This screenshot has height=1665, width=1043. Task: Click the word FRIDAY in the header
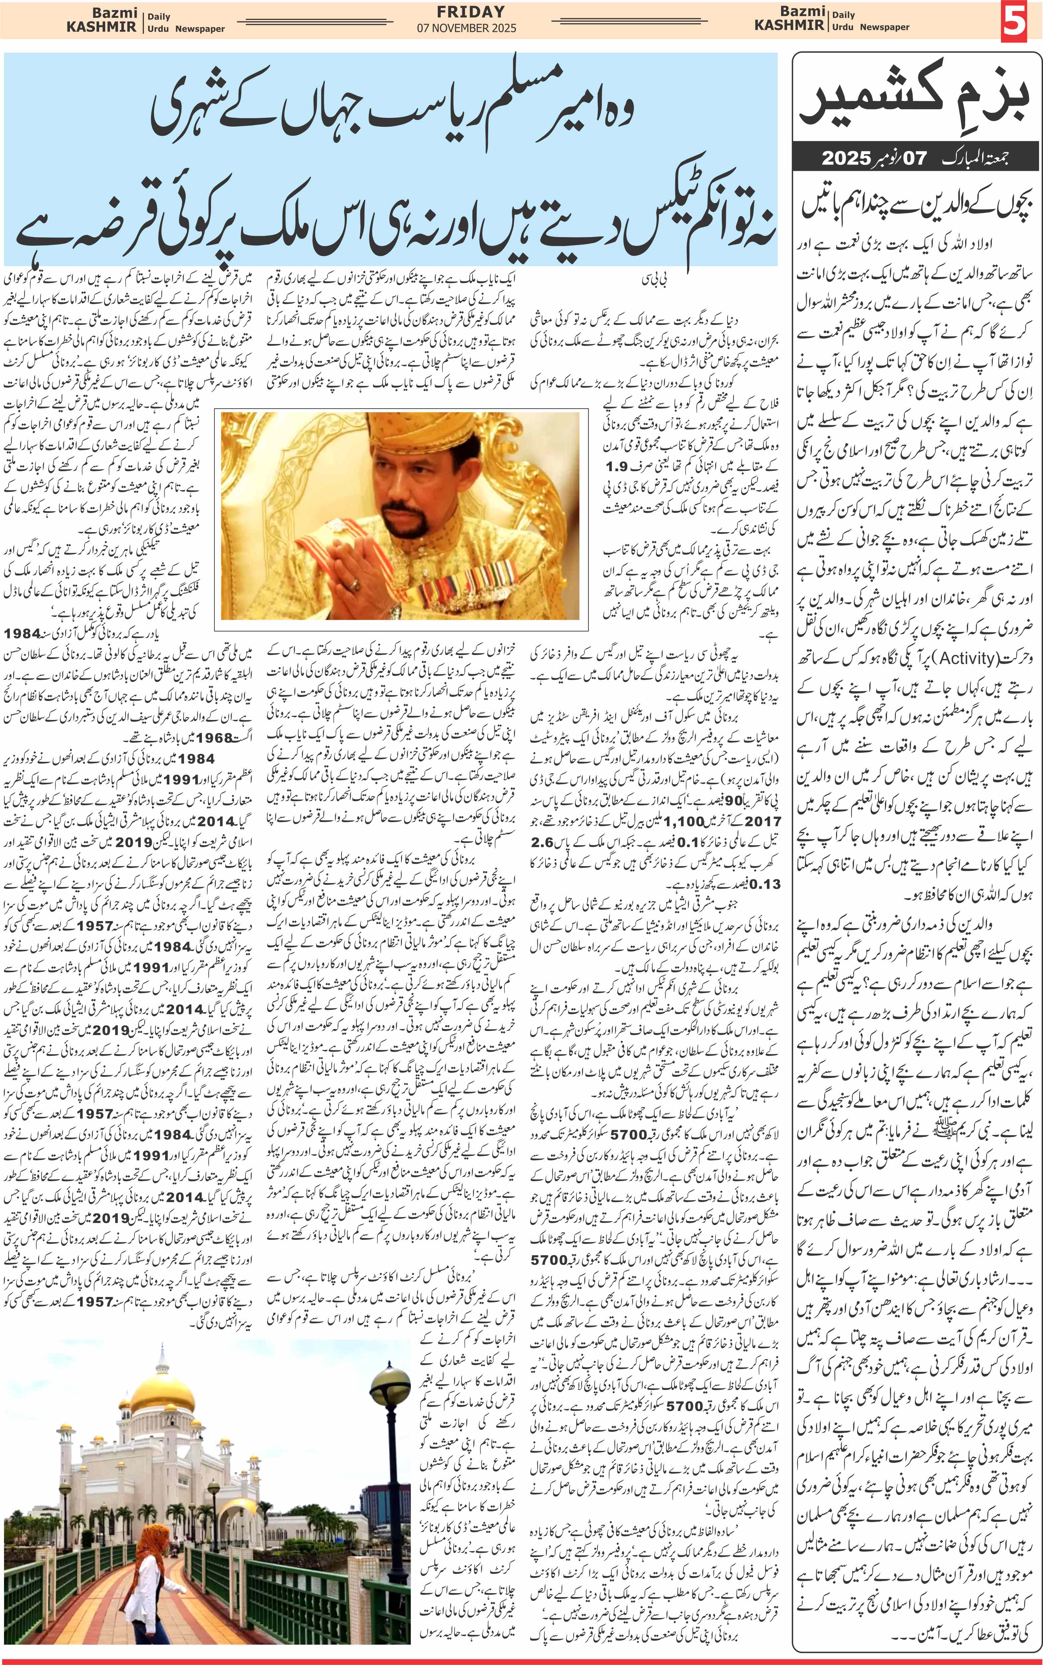471,12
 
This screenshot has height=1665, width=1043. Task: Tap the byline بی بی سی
654,279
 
